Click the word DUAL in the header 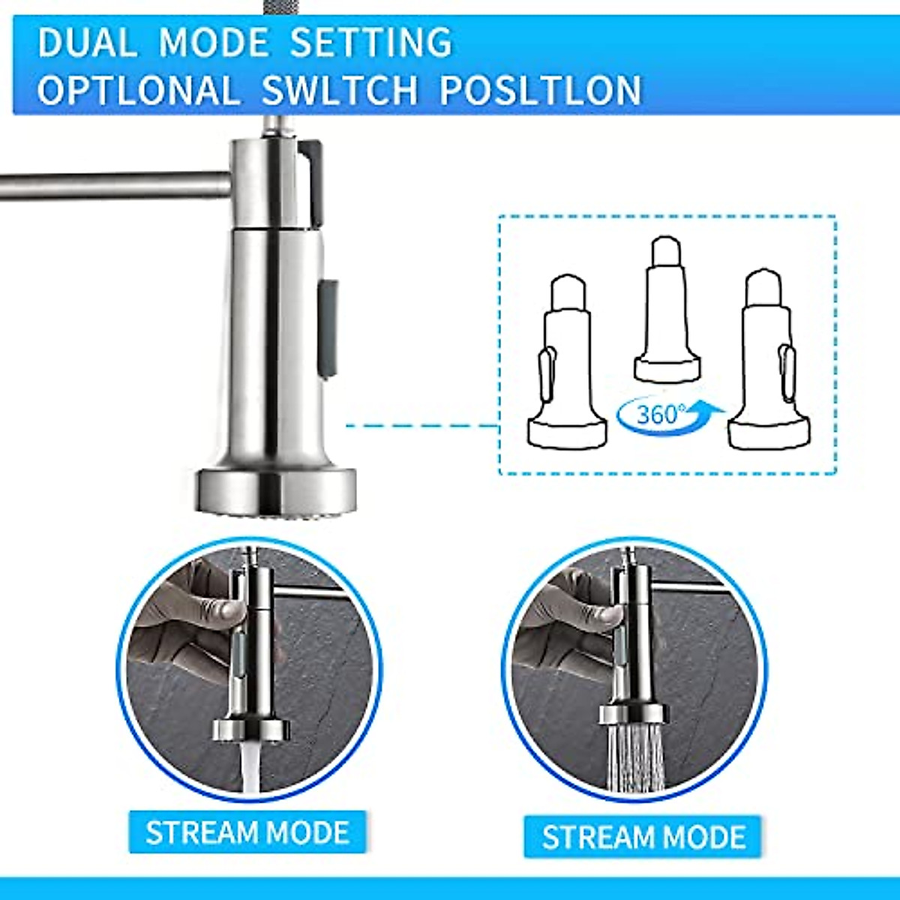point(88,42)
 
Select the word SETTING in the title point(370,42)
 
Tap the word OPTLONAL point(139,90)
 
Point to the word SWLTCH point(339,90)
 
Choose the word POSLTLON point(541,90)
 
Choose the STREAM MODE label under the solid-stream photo point(247,832)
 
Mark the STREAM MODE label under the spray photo point(643,837)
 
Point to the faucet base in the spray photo point(634,712)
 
